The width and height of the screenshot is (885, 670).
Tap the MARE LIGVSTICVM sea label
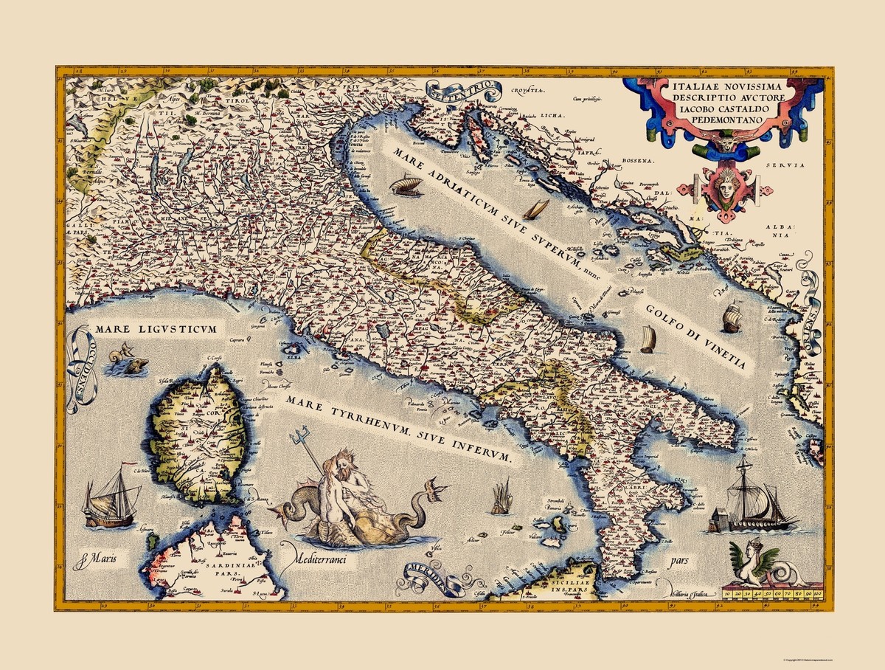[x=154, y=328]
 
